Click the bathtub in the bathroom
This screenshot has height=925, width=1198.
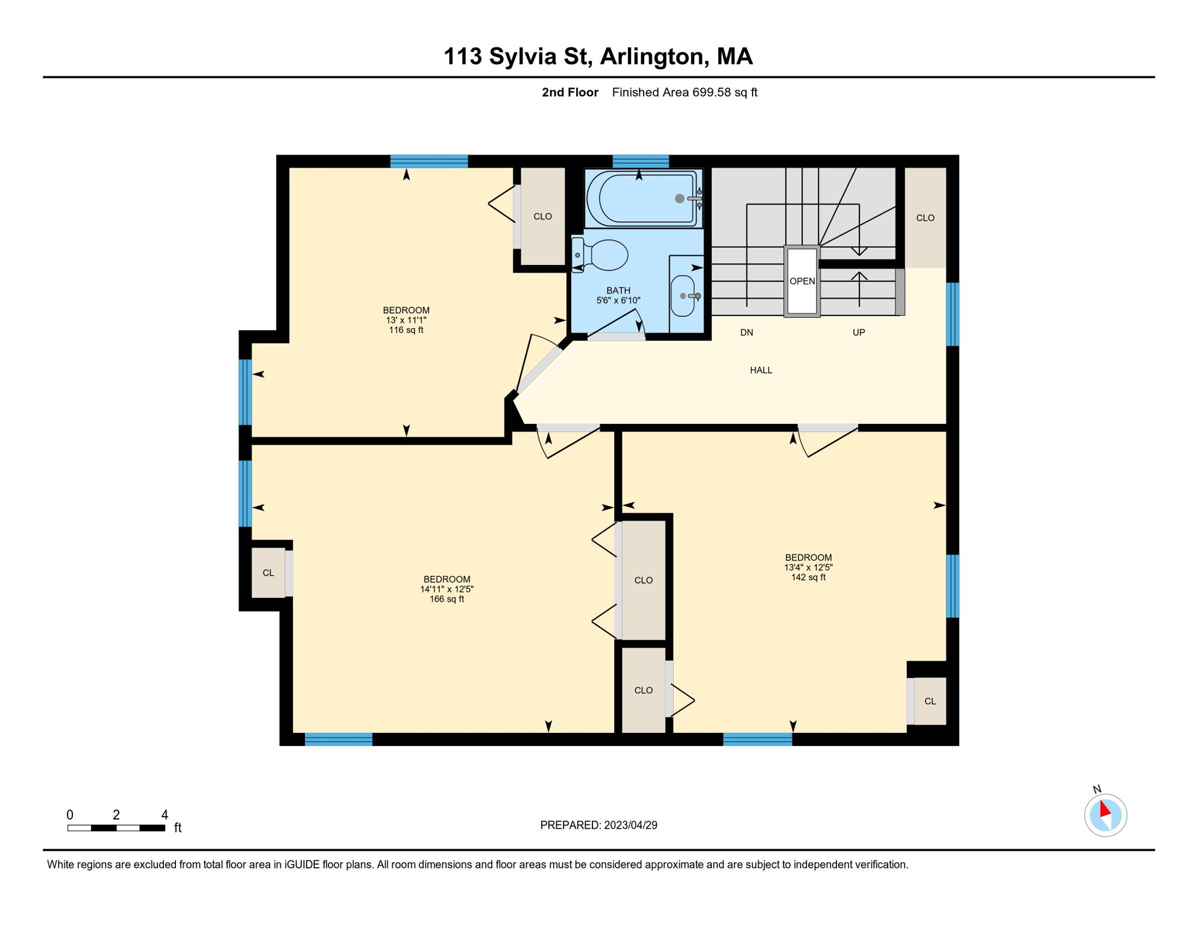click(644, 198)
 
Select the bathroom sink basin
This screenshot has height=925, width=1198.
click(683, 296)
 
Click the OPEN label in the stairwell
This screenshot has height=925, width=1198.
click(802, 281)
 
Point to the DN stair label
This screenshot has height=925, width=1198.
click(747, 332)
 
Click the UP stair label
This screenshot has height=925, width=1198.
click(859, 332)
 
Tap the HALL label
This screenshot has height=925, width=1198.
click(761, 370)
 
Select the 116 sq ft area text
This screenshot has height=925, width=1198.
click(406, 330)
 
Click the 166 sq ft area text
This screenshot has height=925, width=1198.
click(447, 599)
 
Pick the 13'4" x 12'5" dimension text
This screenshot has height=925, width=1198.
click(809, 567)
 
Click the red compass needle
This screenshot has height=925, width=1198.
click(1105, 808)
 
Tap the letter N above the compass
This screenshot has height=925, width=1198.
click(1097, 790)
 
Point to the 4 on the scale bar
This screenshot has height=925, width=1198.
click(165, 815)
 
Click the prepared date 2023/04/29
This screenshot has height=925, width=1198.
click(631, 825)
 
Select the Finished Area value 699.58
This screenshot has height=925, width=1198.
click(712, 92)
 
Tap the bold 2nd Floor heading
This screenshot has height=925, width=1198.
click(570, 92)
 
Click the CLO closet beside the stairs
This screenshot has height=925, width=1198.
click(926, 218)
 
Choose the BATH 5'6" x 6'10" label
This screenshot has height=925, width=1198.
click(618, 295)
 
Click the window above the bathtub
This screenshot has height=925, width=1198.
click(641, 161)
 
